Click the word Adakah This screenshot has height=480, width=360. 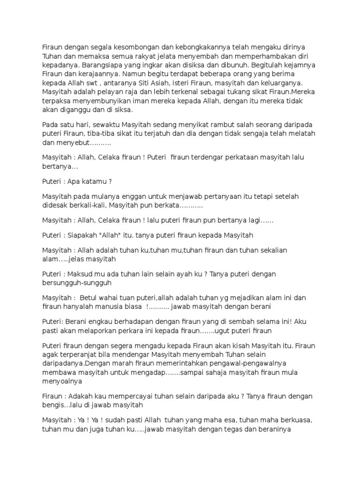81,396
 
